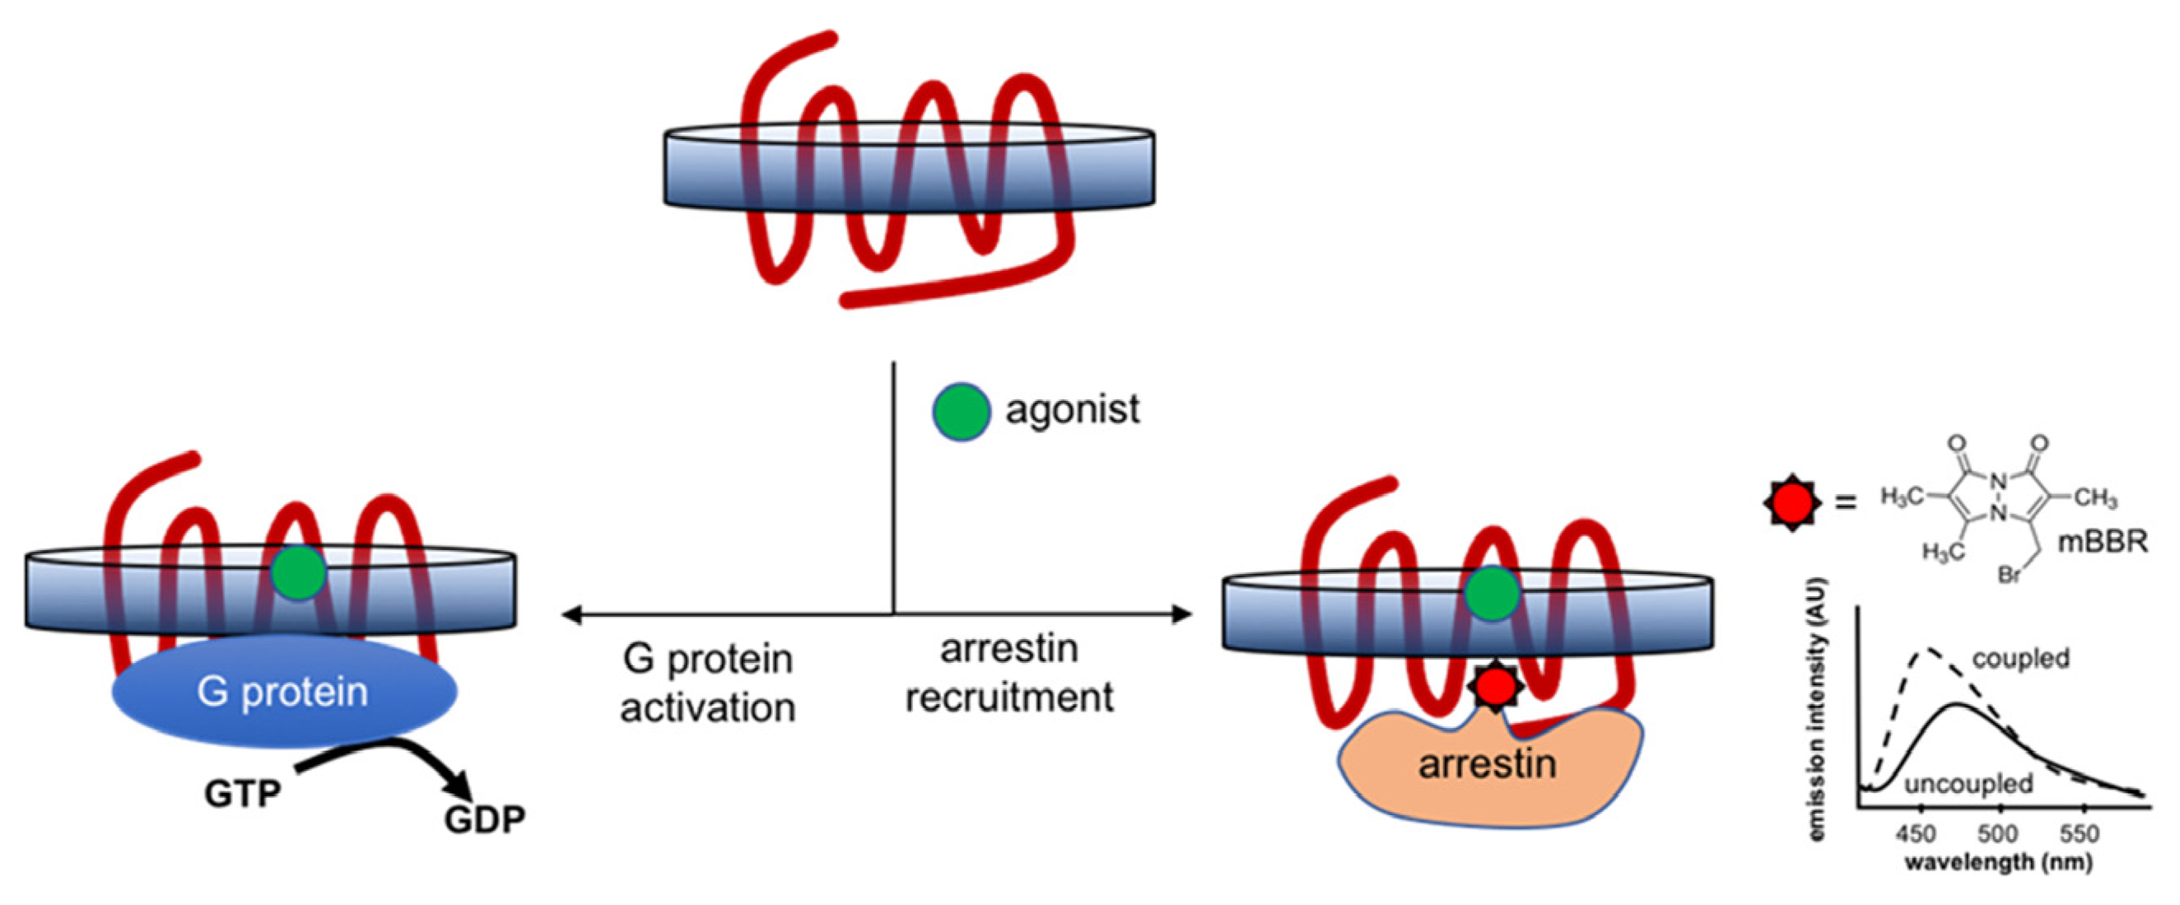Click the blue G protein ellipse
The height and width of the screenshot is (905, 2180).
(x=283, y=693)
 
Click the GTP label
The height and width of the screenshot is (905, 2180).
(x=242, y=793)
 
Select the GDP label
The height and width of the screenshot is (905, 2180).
(x=484, y=819)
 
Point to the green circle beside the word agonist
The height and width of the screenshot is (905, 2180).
(x=961, y=412)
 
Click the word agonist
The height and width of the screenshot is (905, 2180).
(x=1071, y=410)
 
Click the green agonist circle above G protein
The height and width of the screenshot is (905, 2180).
(x=298, y=573)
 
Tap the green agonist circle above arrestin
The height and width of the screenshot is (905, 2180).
(x=1491, y=594)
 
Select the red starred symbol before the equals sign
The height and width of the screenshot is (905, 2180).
(x=1792, y=502)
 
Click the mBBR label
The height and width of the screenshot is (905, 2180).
(x=2102, y=542)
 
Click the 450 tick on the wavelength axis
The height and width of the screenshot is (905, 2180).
(x=1915, y=834)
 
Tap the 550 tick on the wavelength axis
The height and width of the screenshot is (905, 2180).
(x=2078, y=834)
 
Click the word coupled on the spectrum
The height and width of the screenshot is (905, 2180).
(x=2020, y=659)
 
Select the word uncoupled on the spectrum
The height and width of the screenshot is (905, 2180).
(x=1968, y=784)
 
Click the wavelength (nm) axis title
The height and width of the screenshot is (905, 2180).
(x=1998, y=863)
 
